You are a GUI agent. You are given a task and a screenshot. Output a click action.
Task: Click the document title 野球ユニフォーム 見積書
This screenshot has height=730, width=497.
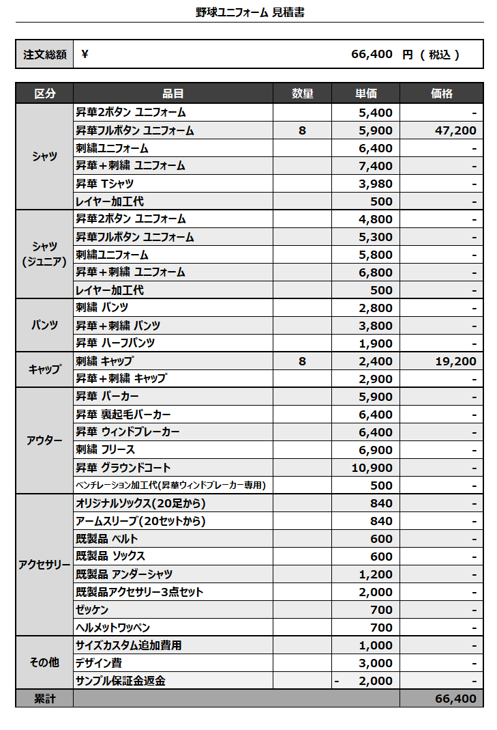click(250, 12)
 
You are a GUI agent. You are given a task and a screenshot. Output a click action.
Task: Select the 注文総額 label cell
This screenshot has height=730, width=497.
click(44, 55)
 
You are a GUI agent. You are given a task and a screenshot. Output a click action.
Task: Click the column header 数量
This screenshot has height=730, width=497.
click(302, 94)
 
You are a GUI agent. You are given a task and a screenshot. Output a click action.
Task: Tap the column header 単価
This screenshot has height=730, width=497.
click(365, 94)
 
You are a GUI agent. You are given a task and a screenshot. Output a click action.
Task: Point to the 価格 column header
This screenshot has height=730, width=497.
click(442, 94)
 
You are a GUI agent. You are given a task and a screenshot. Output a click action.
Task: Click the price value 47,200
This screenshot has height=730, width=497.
click(455, 130)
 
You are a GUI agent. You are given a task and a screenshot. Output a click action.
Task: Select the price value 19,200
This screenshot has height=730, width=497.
click(455, 361)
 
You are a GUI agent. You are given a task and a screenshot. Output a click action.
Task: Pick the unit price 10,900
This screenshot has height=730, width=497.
click(372, 468)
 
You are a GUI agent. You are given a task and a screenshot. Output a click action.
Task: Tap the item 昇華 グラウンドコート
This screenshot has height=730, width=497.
click(123, 468)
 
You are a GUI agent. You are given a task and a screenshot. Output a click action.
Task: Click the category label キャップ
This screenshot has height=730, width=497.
click(44, 369)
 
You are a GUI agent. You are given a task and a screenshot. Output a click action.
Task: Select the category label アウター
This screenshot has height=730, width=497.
click(44, 440)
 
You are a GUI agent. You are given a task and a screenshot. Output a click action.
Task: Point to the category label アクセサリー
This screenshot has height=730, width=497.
click(44, 565)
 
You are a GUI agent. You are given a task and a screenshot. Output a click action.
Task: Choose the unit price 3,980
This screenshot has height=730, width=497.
click(376, 184)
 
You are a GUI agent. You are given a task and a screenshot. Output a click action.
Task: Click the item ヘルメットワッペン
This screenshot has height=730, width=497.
click(113, 628)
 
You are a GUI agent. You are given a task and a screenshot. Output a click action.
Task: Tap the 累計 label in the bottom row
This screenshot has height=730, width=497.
click(44, 699)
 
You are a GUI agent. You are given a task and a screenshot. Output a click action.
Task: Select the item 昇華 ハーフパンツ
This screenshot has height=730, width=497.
click(115, 343)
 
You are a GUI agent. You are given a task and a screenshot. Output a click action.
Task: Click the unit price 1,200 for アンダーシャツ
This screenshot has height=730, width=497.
click(376, 574)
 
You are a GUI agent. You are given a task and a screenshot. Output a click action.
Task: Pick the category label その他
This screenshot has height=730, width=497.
click(44, 662)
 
